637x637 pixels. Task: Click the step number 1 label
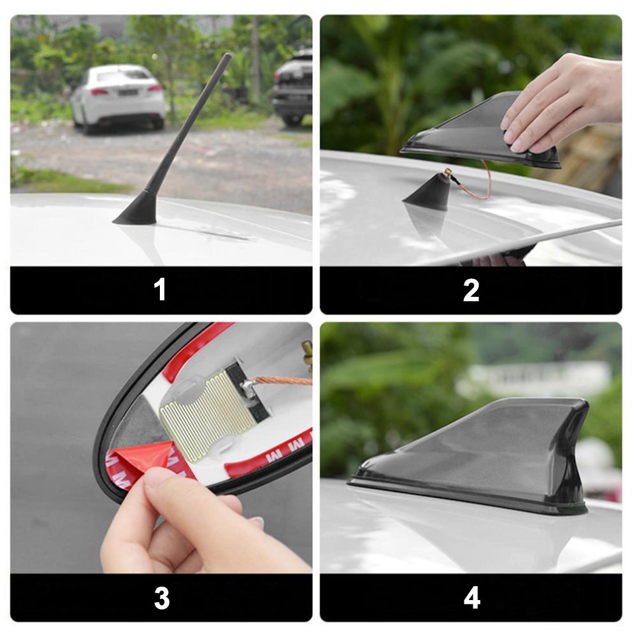pos(160,290)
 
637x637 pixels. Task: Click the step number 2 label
pos(471,290)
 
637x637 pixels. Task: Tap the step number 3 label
pos(162,598)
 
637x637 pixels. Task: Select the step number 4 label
pos(471,598)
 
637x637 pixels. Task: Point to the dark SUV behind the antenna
pos(293,89)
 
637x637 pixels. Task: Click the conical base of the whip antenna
pos(137,210)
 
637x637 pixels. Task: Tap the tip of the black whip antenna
pos(227,57)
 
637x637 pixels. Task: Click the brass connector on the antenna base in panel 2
pos(448,172)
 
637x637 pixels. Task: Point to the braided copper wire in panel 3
pos(283,381)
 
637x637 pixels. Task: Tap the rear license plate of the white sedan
pos(127,92)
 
